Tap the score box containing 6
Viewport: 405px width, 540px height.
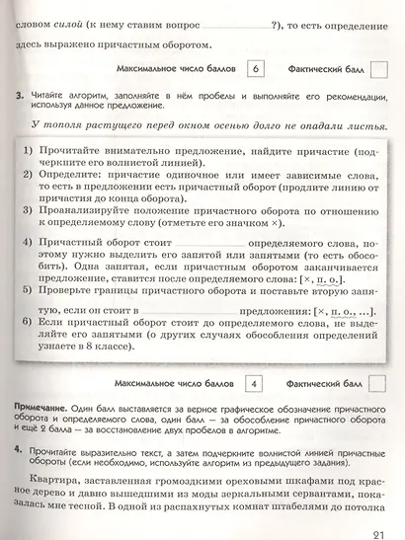tap(257, 69)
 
